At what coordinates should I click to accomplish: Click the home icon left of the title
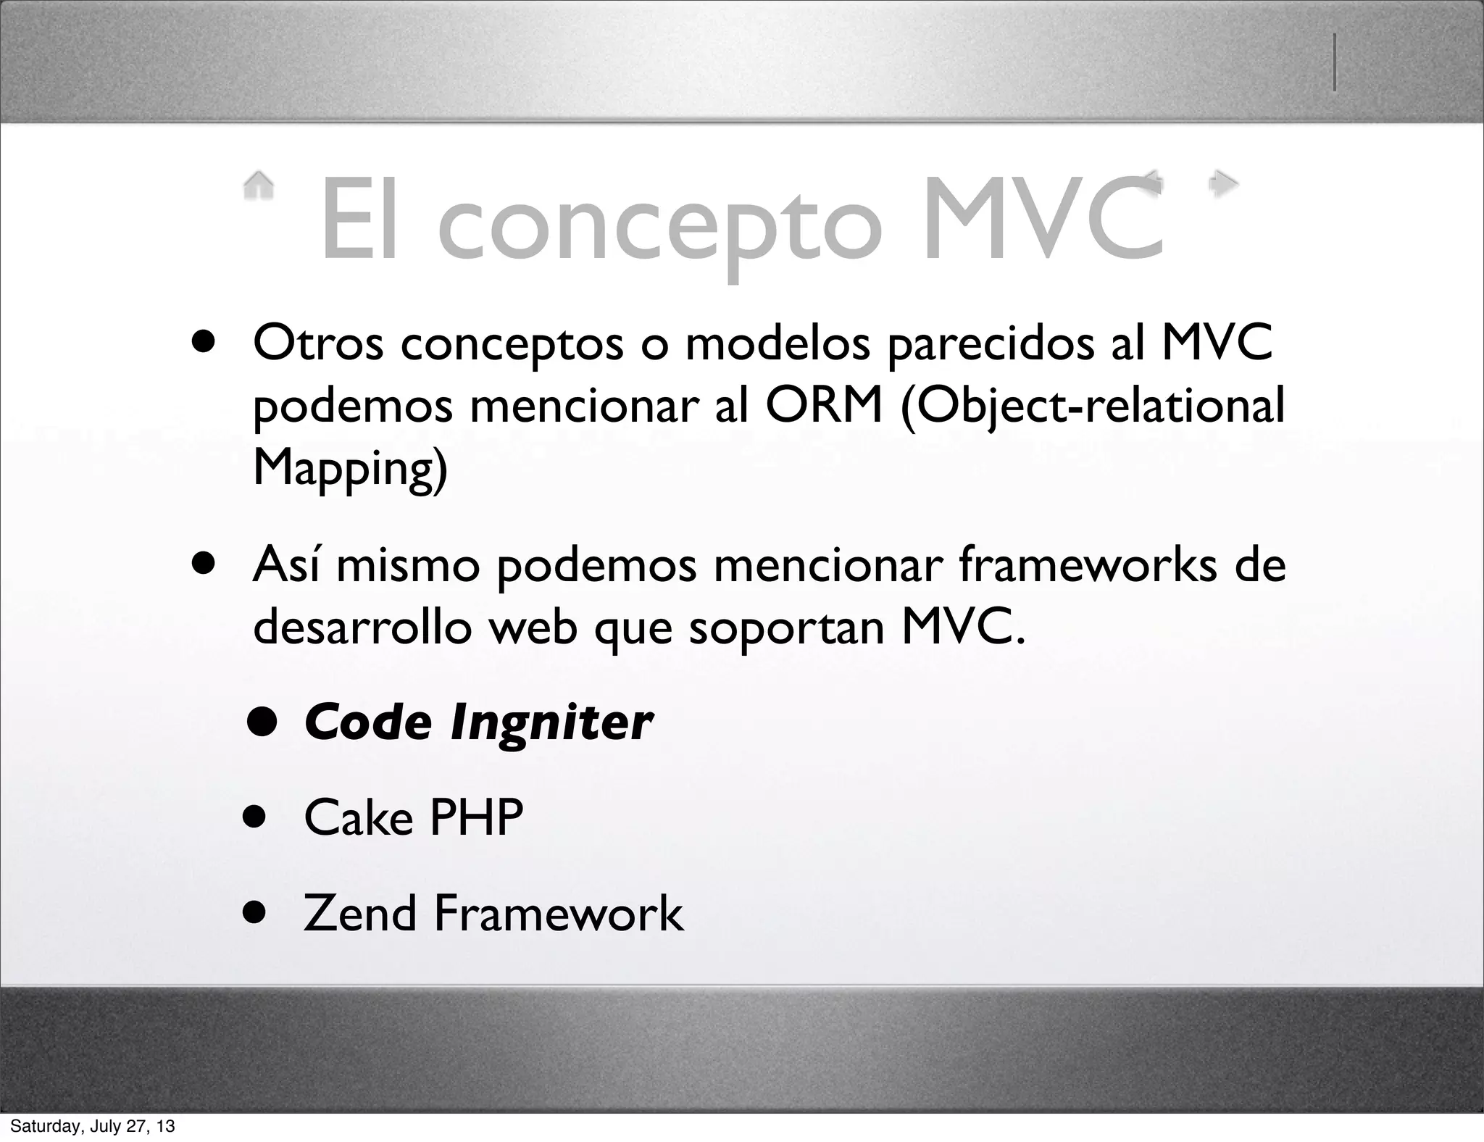click(x=259, y=185)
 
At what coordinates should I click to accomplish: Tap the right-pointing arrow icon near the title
click(x=1224, y=183)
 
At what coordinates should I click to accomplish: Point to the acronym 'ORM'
click(x=824, y=405)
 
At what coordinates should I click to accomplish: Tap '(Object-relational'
click(x=1092, y=405)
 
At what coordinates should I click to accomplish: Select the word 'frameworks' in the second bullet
click(x=1088, y=565)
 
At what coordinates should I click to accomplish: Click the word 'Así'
click(x=285, y=564)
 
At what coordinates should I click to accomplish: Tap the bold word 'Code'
click(x=368, y=722)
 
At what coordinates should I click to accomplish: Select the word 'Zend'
click(x=359, y=913)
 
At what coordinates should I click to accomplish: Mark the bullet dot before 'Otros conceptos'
click(x=204, y=342)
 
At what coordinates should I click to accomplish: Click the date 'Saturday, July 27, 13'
click(x=92, y=1126)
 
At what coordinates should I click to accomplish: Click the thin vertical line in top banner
click(x=1334, y=63)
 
